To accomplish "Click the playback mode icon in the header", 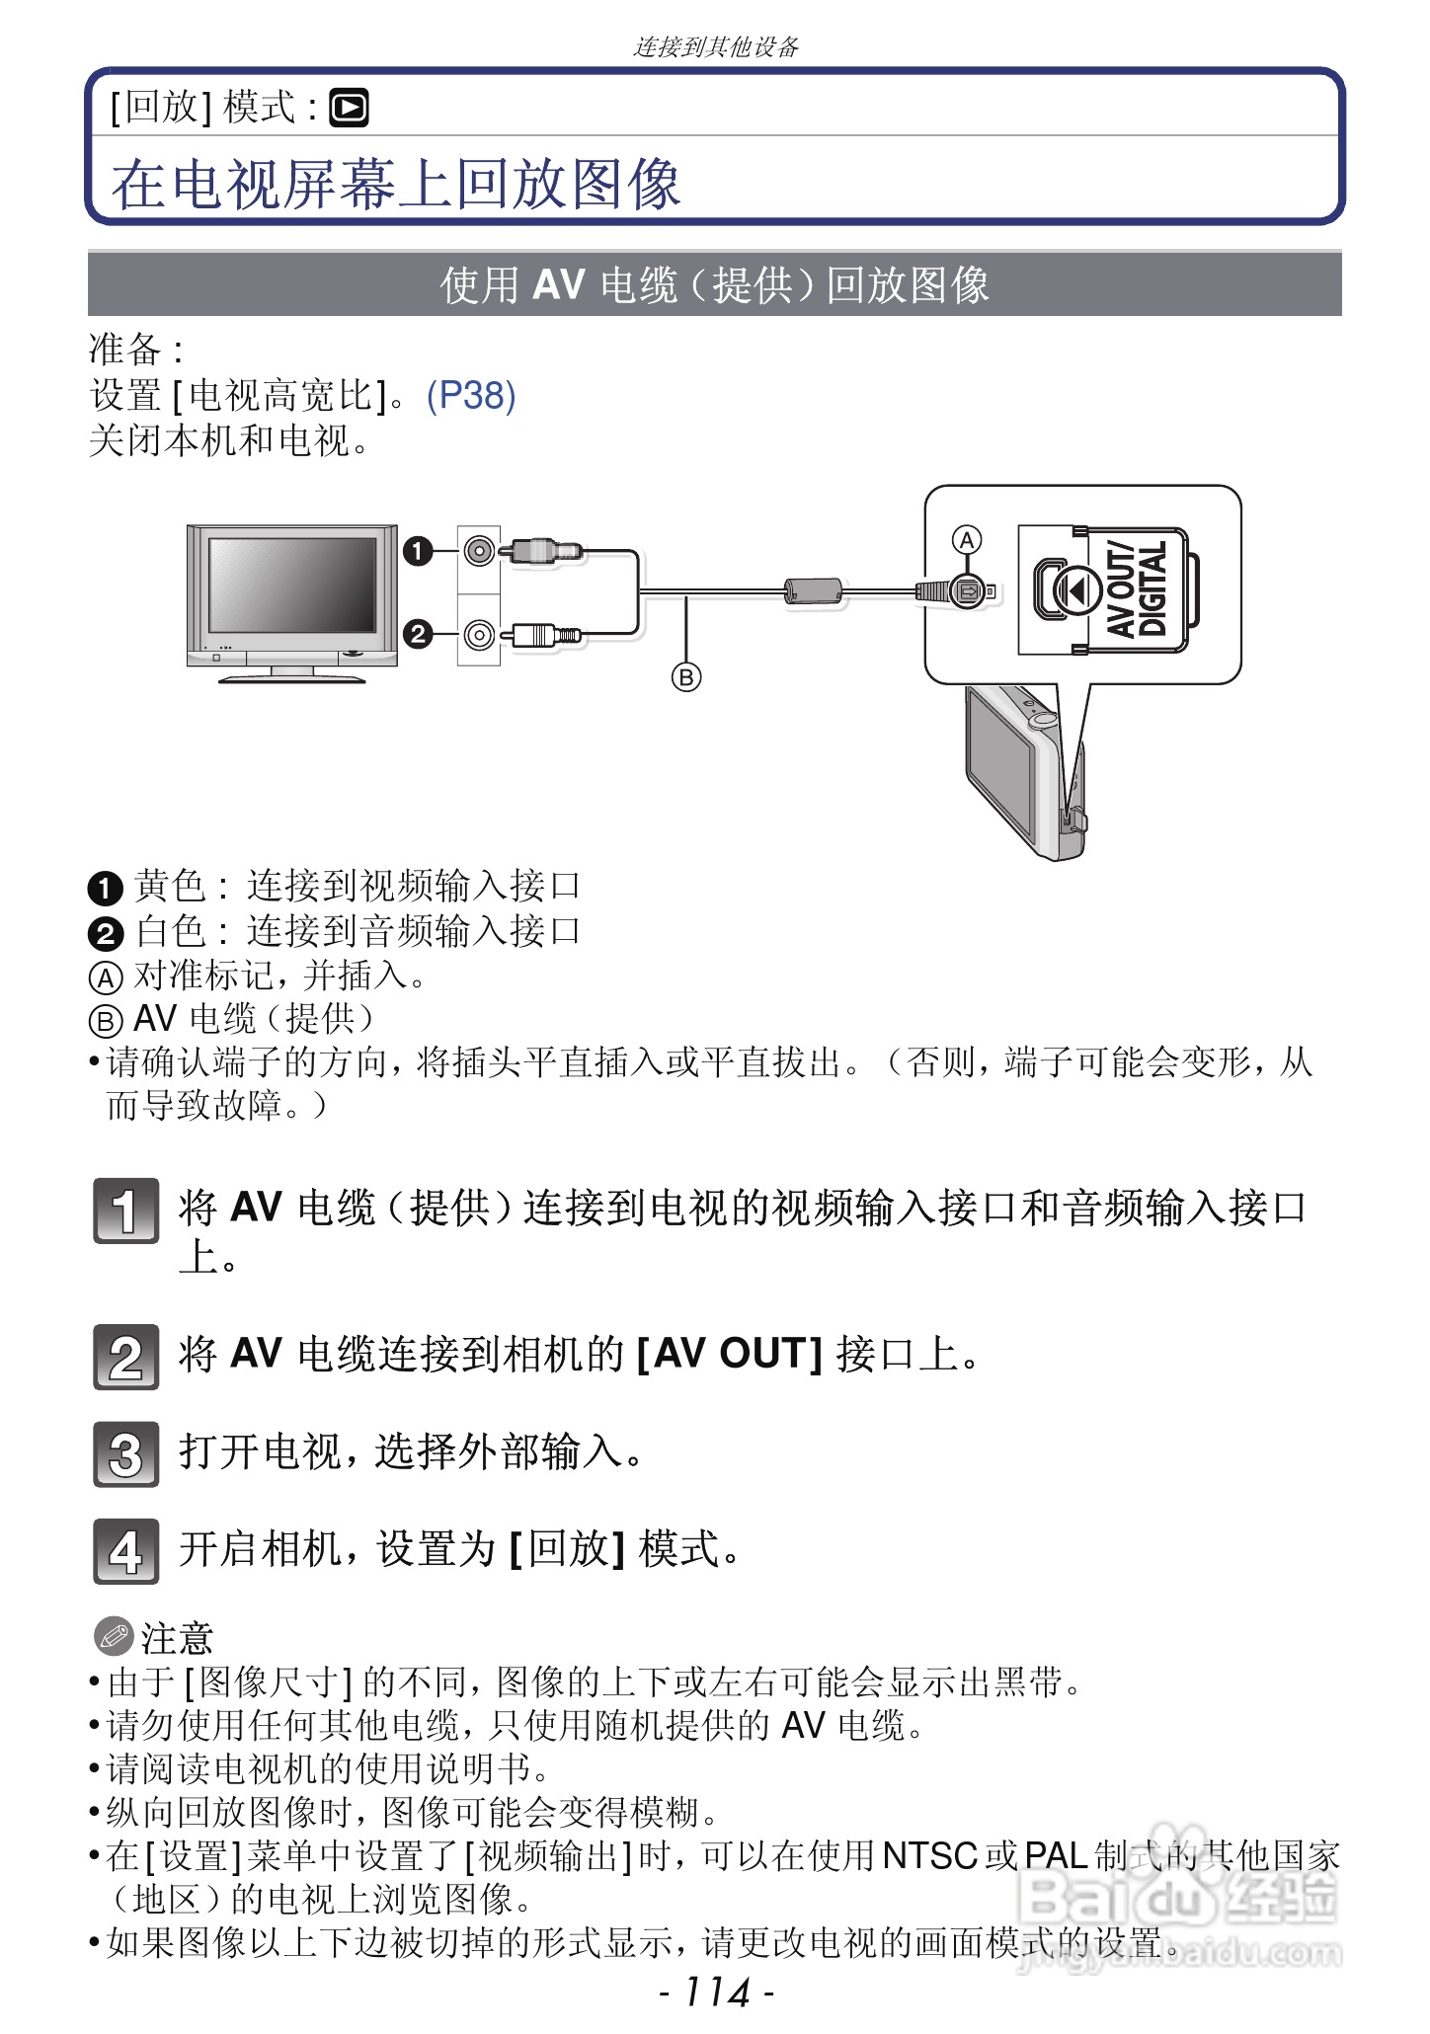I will [349, 109].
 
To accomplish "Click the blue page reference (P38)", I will [471, 396].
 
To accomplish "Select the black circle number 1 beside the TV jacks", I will [418, 551].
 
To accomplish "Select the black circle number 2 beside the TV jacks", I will [418, 633].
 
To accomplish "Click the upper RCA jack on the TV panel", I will [479, 551].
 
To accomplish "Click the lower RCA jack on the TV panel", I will [479, 633].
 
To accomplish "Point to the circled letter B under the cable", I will [686, 677].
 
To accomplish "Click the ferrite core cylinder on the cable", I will [812, 591].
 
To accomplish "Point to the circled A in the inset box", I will [967, 540].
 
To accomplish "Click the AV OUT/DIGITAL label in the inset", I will [1137, 589].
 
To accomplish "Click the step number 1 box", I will [125, 1211].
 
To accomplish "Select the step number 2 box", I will [125, 1358].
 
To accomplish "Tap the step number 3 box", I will [125, 1454].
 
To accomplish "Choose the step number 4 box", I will [125, 1551].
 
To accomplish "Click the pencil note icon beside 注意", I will [113, 1637].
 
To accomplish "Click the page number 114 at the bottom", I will [716, 1993].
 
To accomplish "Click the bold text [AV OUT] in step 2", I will [729, 1354].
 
